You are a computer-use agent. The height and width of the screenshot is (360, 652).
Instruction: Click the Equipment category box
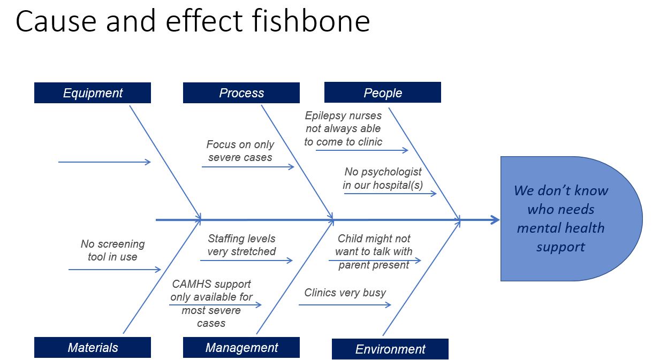pos(93,93)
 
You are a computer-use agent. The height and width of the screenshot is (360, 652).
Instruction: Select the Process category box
pos(241,93)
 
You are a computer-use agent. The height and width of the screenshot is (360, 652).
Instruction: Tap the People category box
pos(382,93)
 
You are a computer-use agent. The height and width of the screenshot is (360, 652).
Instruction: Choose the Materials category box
pos(93,348)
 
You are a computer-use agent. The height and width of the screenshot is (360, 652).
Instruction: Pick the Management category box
pos(241,348)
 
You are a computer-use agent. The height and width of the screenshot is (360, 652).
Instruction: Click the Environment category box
pos(390,349)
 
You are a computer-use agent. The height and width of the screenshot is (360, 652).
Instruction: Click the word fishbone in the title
pos(311,21)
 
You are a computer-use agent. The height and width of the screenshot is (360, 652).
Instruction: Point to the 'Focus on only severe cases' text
pos(240,151)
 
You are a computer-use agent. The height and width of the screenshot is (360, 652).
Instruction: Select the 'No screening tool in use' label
pos(112,250)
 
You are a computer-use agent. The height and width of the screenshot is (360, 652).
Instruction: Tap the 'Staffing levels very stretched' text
pos(241,245)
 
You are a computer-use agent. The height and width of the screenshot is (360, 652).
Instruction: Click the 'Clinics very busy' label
pos(345,293)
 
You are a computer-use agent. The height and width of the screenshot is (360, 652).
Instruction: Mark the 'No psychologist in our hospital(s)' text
pos(383,178)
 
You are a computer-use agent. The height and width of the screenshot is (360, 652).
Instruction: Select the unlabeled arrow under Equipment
pos(104,162)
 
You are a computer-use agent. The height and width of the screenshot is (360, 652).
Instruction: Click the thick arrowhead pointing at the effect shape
pos(495,220)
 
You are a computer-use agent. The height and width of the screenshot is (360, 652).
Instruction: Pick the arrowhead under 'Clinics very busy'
pos(388,305)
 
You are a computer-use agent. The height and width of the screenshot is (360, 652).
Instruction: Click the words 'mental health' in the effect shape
pos(560,228)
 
